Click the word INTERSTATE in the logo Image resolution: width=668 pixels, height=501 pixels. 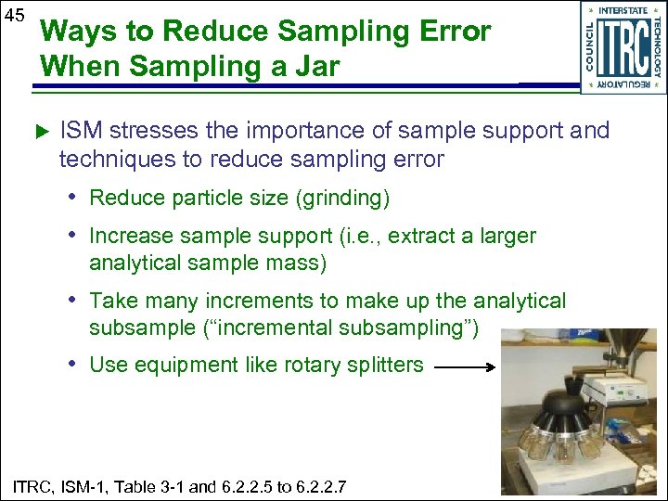point(623,10)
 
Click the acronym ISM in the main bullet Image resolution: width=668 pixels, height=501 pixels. point(78,131)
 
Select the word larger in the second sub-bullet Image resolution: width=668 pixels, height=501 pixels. point(507,236)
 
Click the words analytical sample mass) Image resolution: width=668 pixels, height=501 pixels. point(208,263)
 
